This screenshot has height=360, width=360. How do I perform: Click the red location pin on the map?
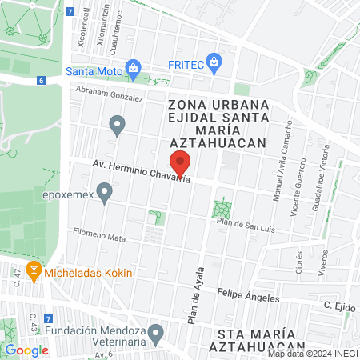[x=181, y=163]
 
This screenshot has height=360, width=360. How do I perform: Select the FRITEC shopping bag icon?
[x=213, y=62]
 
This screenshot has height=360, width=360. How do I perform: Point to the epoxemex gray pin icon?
[x=103, y=193]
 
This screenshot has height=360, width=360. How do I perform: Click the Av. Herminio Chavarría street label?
[x=142, y=173]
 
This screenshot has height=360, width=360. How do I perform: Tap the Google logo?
[x=26, y=350]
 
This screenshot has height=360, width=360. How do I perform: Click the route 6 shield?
[x=40, y=81]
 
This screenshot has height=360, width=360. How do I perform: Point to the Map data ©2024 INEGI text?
[x=312, y=354]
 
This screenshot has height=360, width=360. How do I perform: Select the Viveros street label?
[x=325, y=261]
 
